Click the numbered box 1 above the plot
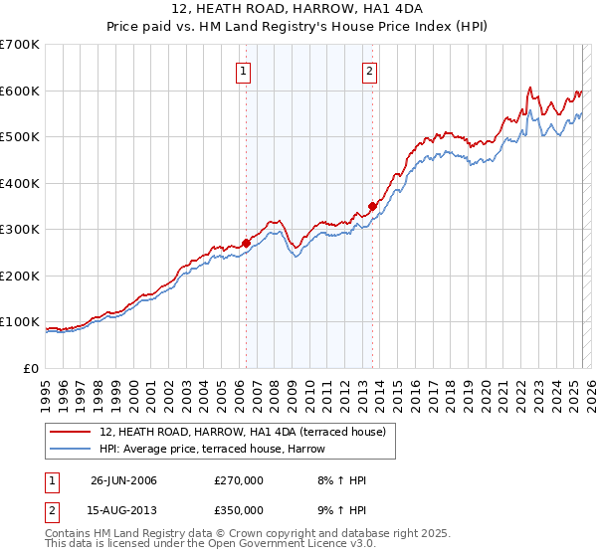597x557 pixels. click(244, 71)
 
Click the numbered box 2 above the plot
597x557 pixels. click(369, 71)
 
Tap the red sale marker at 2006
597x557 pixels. click(246, 242)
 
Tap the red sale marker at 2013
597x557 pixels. click(372, 206)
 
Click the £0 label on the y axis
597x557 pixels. click(30, 368)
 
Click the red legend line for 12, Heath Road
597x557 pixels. click(71, 432)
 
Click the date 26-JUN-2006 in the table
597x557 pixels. click(123, 480)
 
